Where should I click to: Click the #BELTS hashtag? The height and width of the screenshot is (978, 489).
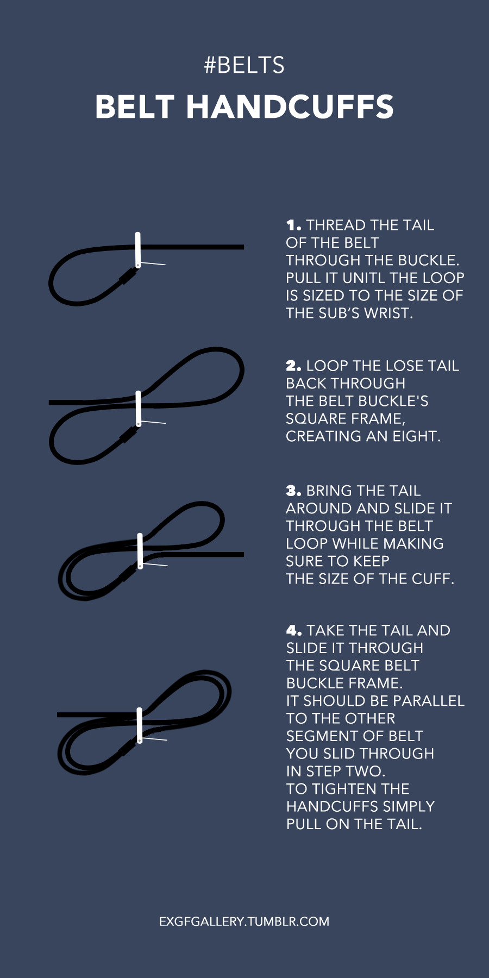pos(244,65)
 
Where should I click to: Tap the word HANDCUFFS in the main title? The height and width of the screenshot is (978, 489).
pos(290,106)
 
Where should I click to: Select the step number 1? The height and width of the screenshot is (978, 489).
pos(293,225)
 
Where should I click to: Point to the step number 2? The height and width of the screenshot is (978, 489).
pos(293,366)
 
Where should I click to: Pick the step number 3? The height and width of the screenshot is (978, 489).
pos(293,491)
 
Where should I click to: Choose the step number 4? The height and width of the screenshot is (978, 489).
pos(294,630)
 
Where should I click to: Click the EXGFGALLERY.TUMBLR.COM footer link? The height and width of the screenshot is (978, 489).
pos(244,921)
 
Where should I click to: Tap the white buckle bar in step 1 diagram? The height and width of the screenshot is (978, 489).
pos(138,250)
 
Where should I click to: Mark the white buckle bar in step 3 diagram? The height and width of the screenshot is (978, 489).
pos(140,551)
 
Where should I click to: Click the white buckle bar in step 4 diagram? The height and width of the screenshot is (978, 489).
pos(140,725)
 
